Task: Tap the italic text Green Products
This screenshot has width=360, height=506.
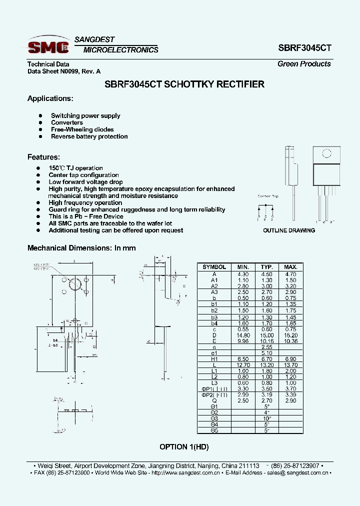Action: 304,64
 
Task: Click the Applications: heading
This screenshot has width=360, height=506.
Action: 50,98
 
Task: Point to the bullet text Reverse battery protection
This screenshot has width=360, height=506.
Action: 89,136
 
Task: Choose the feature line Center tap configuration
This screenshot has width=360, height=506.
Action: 83,175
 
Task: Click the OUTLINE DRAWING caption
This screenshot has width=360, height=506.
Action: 289,230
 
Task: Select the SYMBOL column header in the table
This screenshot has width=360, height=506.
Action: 214,267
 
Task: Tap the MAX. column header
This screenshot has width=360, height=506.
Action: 290,267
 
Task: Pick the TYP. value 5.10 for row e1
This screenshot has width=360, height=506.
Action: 266,352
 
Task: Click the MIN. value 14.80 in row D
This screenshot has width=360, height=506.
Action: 242,334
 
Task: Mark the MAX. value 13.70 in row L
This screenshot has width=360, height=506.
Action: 290,364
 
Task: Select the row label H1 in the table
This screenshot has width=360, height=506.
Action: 214,358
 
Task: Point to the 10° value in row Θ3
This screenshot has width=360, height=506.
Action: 266,418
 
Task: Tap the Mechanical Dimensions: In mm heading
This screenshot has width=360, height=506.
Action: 81,248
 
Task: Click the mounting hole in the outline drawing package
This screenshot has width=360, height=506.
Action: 326,154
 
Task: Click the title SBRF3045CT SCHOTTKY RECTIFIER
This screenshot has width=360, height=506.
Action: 184,84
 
